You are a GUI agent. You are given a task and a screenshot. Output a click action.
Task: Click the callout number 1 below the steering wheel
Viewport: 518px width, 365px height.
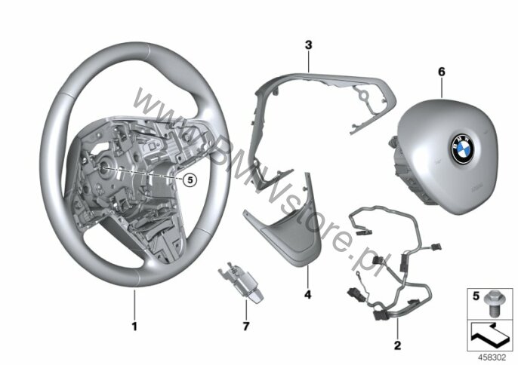point(134,327)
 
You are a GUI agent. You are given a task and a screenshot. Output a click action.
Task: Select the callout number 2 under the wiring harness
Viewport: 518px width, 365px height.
point(397,345)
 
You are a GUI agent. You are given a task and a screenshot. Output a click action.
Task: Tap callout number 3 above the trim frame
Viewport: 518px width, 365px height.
point(308,45)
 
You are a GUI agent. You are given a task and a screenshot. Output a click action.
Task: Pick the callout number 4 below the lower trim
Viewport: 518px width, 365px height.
point(307,294)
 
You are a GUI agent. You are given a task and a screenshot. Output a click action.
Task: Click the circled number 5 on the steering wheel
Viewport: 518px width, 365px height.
point(190,179)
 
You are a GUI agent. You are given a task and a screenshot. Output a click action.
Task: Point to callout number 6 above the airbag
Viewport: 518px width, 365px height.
point(442,72)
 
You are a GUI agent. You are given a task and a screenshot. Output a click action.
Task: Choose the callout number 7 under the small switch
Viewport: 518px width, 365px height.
point(246,327)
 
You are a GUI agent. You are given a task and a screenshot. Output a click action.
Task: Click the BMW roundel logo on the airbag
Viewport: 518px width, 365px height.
point(462,149)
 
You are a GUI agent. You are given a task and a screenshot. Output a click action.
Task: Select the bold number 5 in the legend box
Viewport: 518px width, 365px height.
point(476,296)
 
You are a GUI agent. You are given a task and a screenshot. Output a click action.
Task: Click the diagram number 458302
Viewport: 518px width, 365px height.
point(492,357)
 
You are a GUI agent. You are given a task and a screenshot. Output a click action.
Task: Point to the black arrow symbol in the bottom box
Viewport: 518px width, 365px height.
point(489,335)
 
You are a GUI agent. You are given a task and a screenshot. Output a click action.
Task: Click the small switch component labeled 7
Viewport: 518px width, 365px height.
point(240,282)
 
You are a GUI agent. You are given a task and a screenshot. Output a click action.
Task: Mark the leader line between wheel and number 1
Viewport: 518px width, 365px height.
point(134,304)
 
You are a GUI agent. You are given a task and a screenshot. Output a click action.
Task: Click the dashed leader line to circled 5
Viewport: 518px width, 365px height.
point(143,173)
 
